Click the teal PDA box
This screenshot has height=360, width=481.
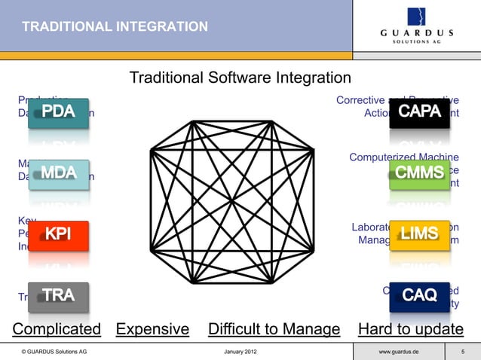(x=59, y=113)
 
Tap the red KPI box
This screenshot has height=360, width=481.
(x=59, y=235)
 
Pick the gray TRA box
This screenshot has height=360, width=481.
(x=59, y=296)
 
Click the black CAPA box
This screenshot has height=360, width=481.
(x=420, y=113)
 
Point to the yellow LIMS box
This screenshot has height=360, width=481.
(x=420, y=235)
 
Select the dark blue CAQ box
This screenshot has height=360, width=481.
(x=420, y=296)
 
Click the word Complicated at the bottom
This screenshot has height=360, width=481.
(x=57, y=329)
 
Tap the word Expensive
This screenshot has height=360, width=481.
(x=152, y=329)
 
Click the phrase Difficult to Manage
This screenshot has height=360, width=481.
(x=274, y=329)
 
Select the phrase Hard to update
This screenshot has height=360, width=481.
(x=411, y=329)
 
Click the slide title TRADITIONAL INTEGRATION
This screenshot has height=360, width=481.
(x=115, y=28)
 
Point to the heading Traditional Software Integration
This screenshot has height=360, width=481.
(x=240, y=78)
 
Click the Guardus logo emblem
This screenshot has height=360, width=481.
(x=417, y=17)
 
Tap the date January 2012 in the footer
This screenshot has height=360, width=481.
(x=240, y=352)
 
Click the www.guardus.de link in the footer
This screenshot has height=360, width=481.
(x=400, y=352)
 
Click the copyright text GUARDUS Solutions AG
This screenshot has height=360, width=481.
(x=54, y=352)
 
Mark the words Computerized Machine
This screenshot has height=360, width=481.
(x=404, y=157)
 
